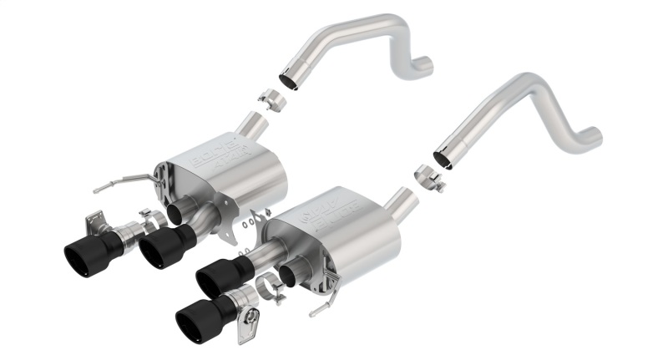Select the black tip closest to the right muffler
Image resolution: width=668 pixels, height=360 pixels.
click(x=220, y=276)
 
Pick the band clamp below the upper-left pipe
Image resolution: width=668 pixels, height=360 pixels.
click(x=271, y=99)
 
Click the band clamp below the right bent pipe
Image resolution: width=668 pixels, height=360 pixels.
click(x=429, y=179)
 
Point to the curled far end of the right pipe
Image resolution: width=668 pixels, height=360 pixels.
click(x=591, y=134)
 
